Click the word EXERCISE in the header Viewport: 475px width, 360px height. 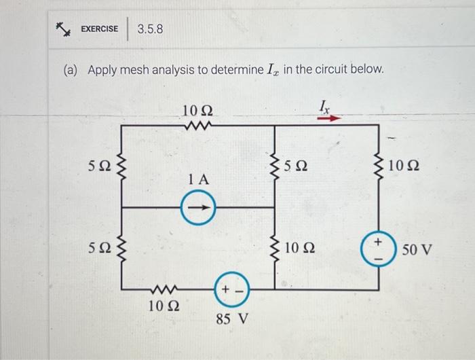tap(99, 29)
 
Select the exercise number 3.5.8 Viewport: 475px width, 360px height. tap(150, 29)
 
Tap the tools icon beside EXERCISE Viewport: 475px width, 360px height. tap(64, 29)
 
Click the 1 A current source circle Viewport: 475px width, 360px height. tap(198, 206)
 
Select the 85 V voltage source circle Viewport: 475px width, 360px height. tap(231, 290)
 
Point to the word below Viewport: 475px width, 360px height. tap(367, 70)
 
